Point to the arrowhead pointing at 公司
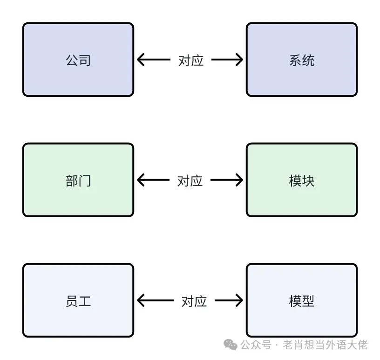click(x=141, y=60)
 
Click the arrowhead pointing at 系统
click(x=239, y=60)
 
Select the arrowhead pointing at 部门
click(x=141, y=180)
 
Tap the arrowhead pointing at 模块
click(x=239, y=180)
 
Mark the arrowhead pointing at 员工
click(x=141, y=300)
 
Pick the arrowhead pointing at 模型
click(x=239, y=300)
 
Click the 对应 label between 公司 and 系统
click(x=191, y=60)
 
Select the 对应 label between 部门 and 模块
click(x=190, y=180)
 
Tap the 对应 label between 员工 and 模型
click(x=194, y=301)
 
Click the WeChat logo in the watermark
click(x=231, y=344)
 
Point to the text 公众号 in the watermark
click(x=256, y=345)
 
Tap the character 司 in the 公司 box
click(x=84, y=60)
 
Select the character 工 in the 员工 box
click(x=84, y=301)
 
